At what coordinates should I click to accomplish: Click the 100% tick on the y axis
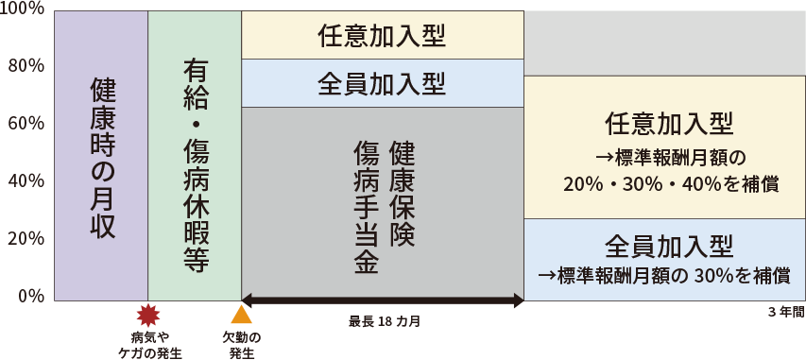pos(22,9)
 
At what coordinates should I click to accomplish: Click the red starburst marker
pos(148,316)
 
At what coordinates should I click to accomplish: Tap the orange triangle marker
pos(241,315)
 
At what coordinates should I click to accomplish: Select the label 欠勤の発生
pos(242,345)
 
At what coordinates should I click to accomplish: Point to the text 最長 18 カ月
pos(385,322)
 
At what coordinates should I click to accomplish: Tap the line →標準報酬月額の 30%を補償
pos(664,276)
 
